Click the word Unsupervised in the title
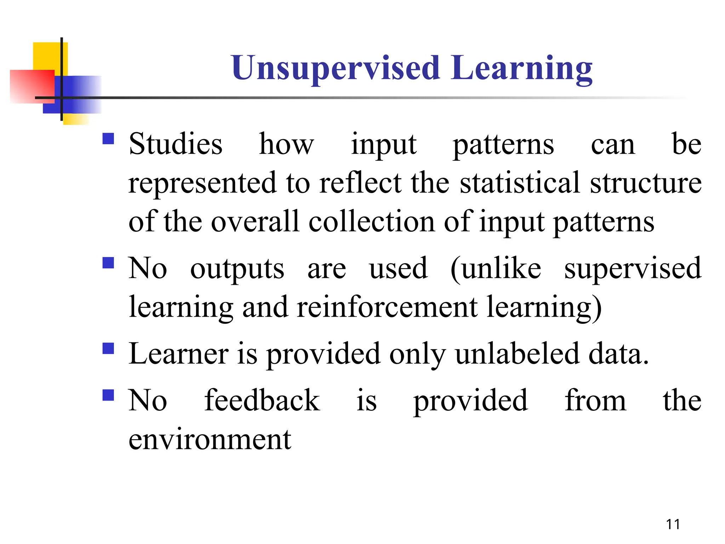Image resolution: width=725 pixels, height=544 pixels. pyautogui.click(x=336, y=68)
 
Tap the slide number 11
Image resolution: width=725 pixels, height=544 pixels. pyautogui.click(x=673, y=524)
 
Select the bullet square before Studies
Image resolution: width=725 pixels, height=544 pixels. pyautogui.click(x=108, y=138)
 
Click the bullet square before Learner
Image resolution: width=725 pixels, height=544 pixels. pyautogui.click(x=108, y=348)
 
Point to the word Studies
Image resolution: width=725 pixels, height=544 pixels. pyautogui.click(x=176, y=144)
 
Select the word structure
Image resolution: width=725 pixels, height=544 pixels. pyautogui.click(x=646, y=183)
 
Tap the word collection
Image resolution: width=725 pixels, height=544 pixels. pyautogui.click(x=371, y=222)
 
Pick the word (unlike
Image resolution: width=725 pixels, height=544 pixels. pyautogui.click(x=496, y=268)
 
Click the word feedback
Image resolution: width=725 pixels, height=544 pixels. pyautogui.click(x=262, y=400)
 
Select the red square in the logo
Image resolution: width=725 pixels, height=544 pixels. pyautogui.click(x=32, y=86)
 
